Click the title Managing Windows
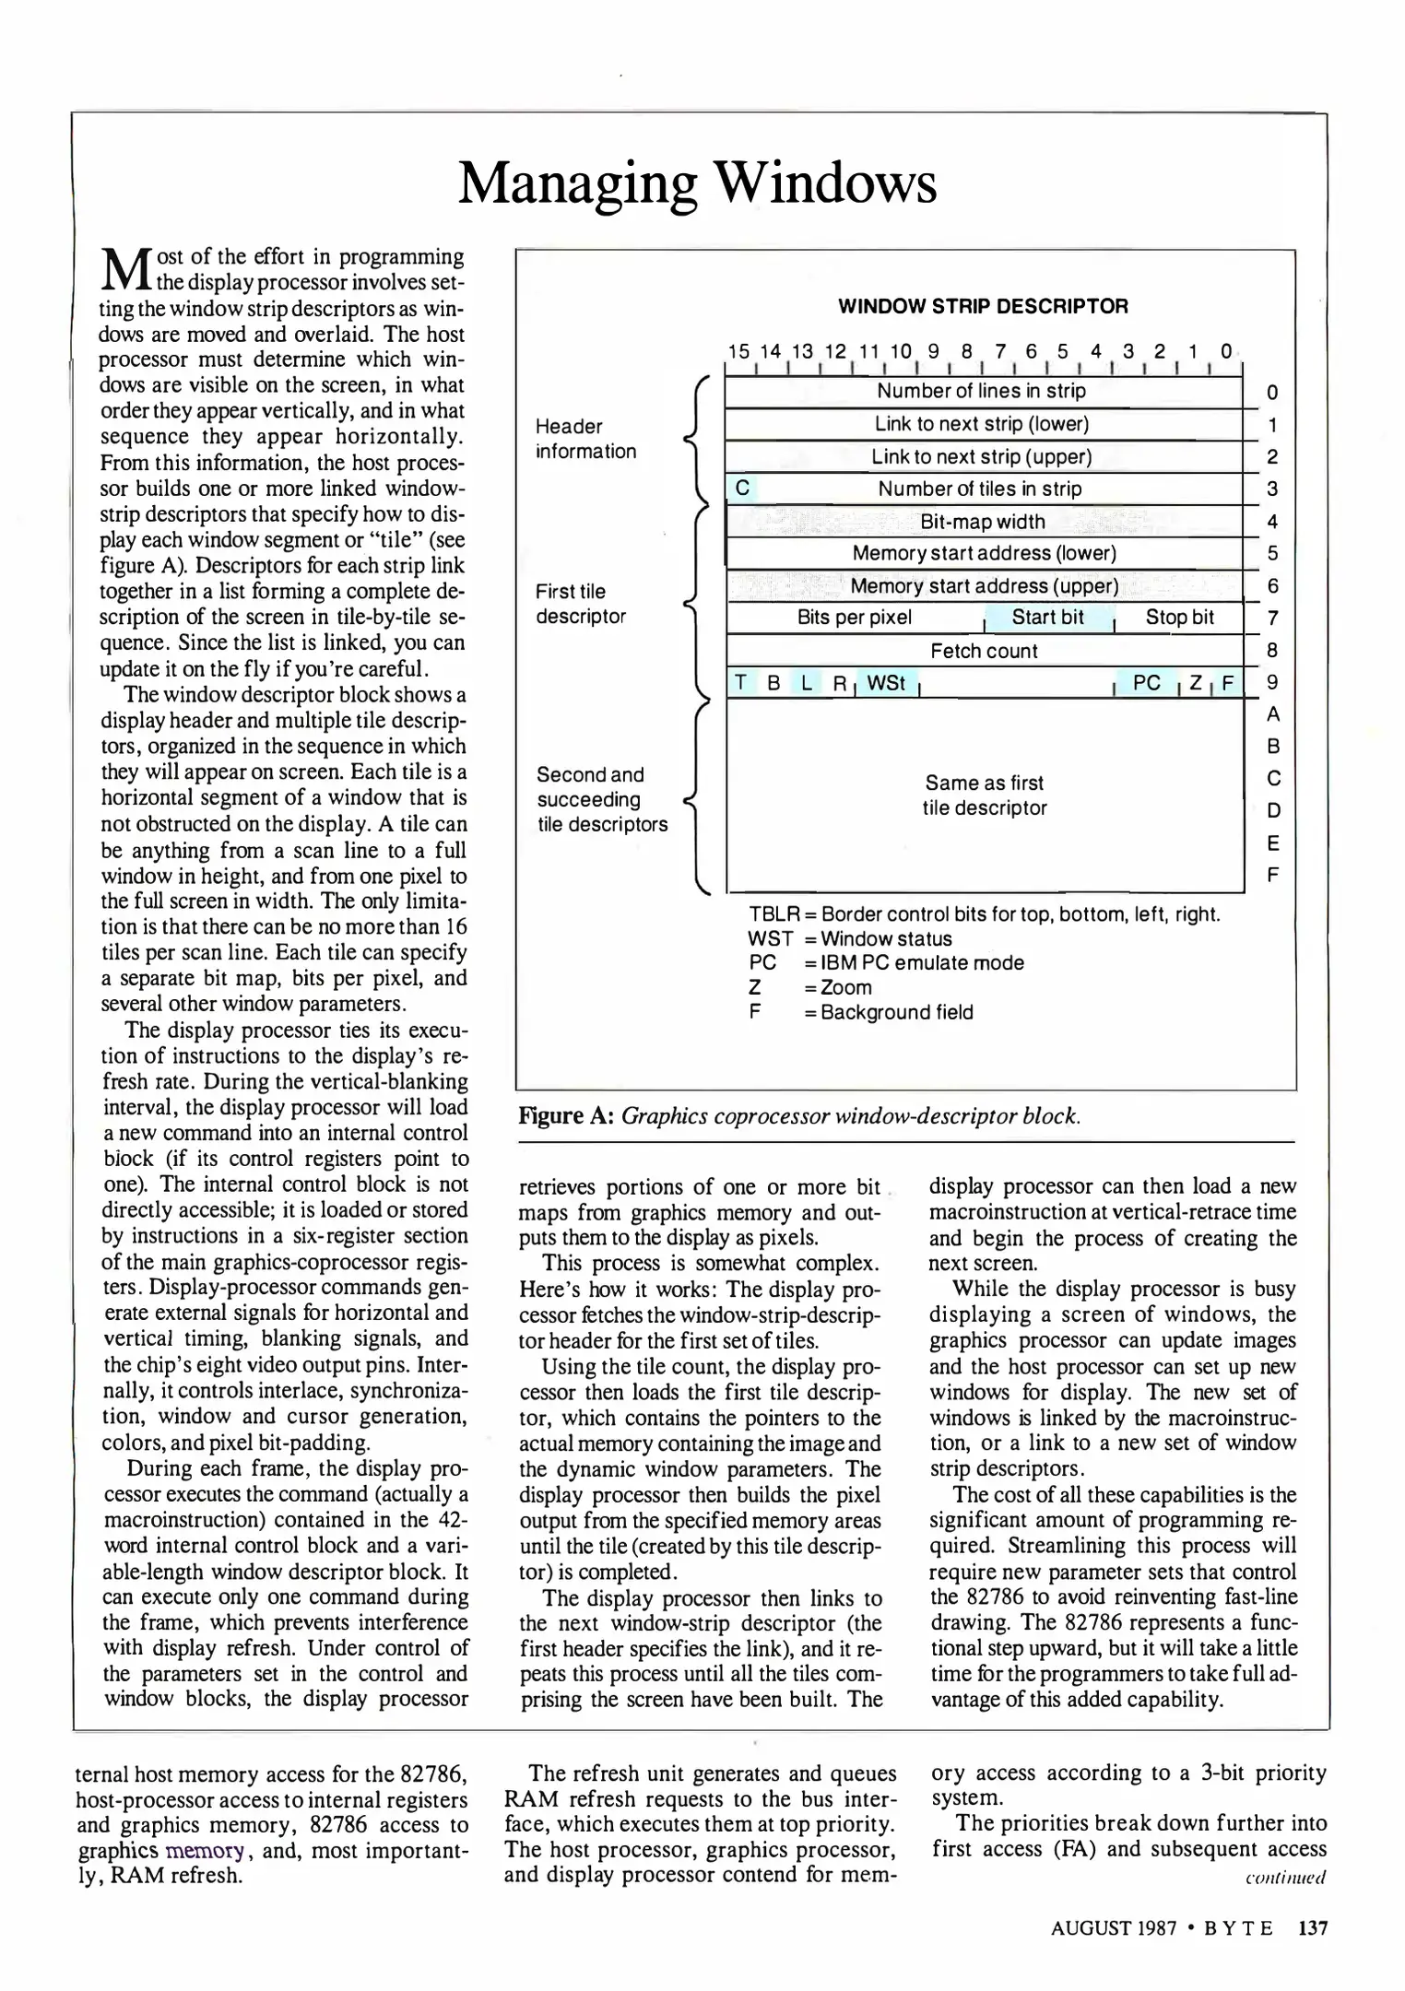pos(697,183)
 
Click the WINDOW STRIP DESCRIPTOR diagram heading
pos(983,306)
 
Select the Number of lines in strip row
pos(982,391)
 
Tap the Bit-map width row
pos(983,522)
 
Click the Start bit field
pos(1048,618)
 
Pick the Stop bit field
pos(1179,618)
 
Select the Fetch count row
pos(984,651)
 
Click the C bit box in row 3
pos(742,489)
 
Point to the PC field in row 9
pos(1146,683)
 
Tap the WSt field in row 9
pos(886,683)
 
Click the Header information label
pos(585,439)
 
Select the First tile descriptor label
pos(580,604)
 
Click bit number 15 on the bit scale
pos(738,351)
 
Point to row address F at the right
pos(1272,874)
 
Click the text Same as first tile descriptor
pos(985,795)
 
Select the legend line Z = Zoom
pos(809,987)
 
